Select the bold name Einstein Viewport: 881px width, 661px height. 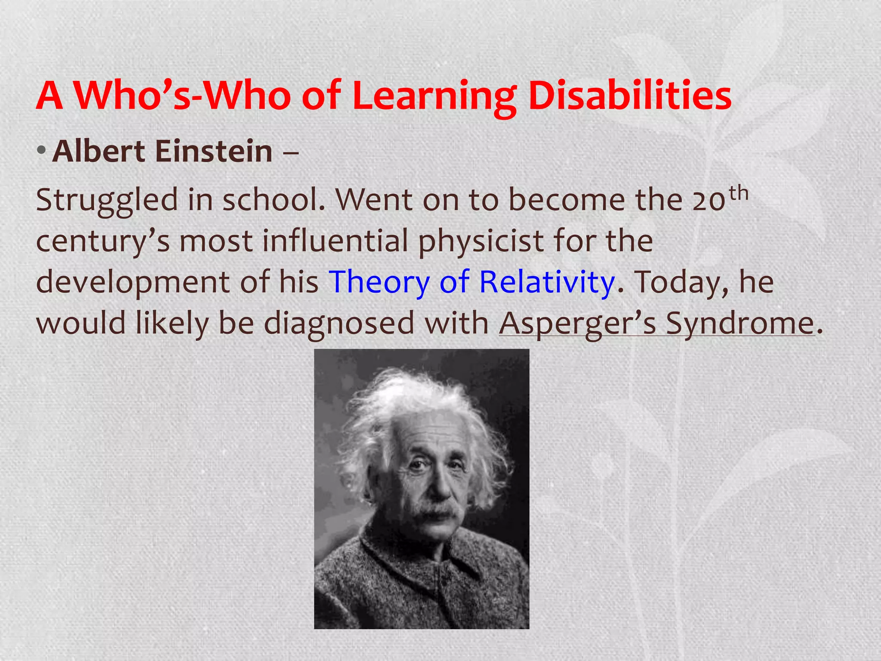coord(213,151)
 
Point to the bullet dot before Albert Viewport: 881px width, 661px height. coord(41,151)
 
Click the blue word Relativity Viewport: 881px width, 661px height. coord(547,282)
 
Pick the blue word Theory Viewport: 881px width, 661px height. coord(379,282)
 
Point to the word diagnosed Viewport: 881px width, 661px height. coord(339,324)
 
